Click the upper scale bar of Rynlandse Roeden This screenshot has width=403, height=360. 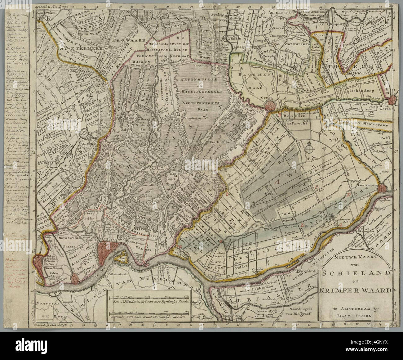148,297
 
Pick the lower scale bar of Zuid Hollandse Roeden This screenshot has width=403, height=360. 148,312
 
